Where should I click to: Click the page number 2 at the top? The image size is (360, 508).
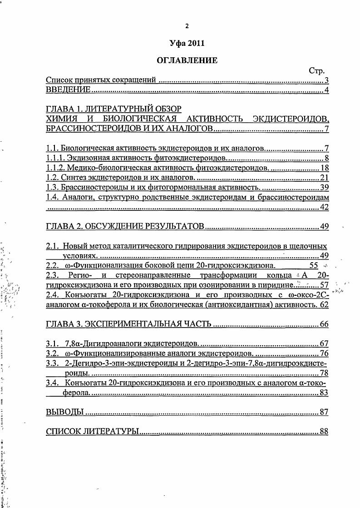point(187,26)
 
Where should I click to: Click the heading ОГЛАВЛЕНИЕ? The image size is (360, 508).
point(187,60)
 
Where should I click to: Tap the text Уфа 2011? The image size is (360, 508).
point(187,44)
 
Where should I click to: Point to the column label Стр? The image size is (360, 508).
point(317,71)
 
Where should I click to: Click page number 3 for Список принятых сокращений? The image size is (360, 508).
point(326,80)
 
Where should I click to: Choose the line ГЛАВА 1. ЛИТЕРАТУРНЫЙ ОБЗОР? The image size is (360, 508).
point(114,109)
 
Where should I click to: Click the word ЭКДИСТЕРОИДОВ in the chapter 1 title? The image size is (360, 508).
point(291,119)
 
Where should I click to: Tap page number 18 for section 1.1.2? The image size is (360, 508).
point(324,168)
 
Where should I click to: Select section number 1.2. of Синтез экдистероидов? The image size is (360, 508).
point(53,177)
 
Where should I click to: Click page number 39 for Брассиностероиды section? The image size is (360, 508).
point(324,187)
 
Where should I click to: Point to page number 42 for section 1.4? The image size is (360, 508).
point(324,207)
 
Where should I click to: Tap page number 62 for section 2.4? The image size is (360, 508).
point(324,305)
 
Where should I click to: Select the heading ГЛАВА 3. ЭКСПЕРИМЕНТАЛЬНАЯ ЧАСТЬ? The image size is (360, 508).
point(129,324)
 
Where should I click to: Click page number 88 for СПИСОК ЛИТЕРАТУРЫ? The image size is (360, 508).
point(324,432)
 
